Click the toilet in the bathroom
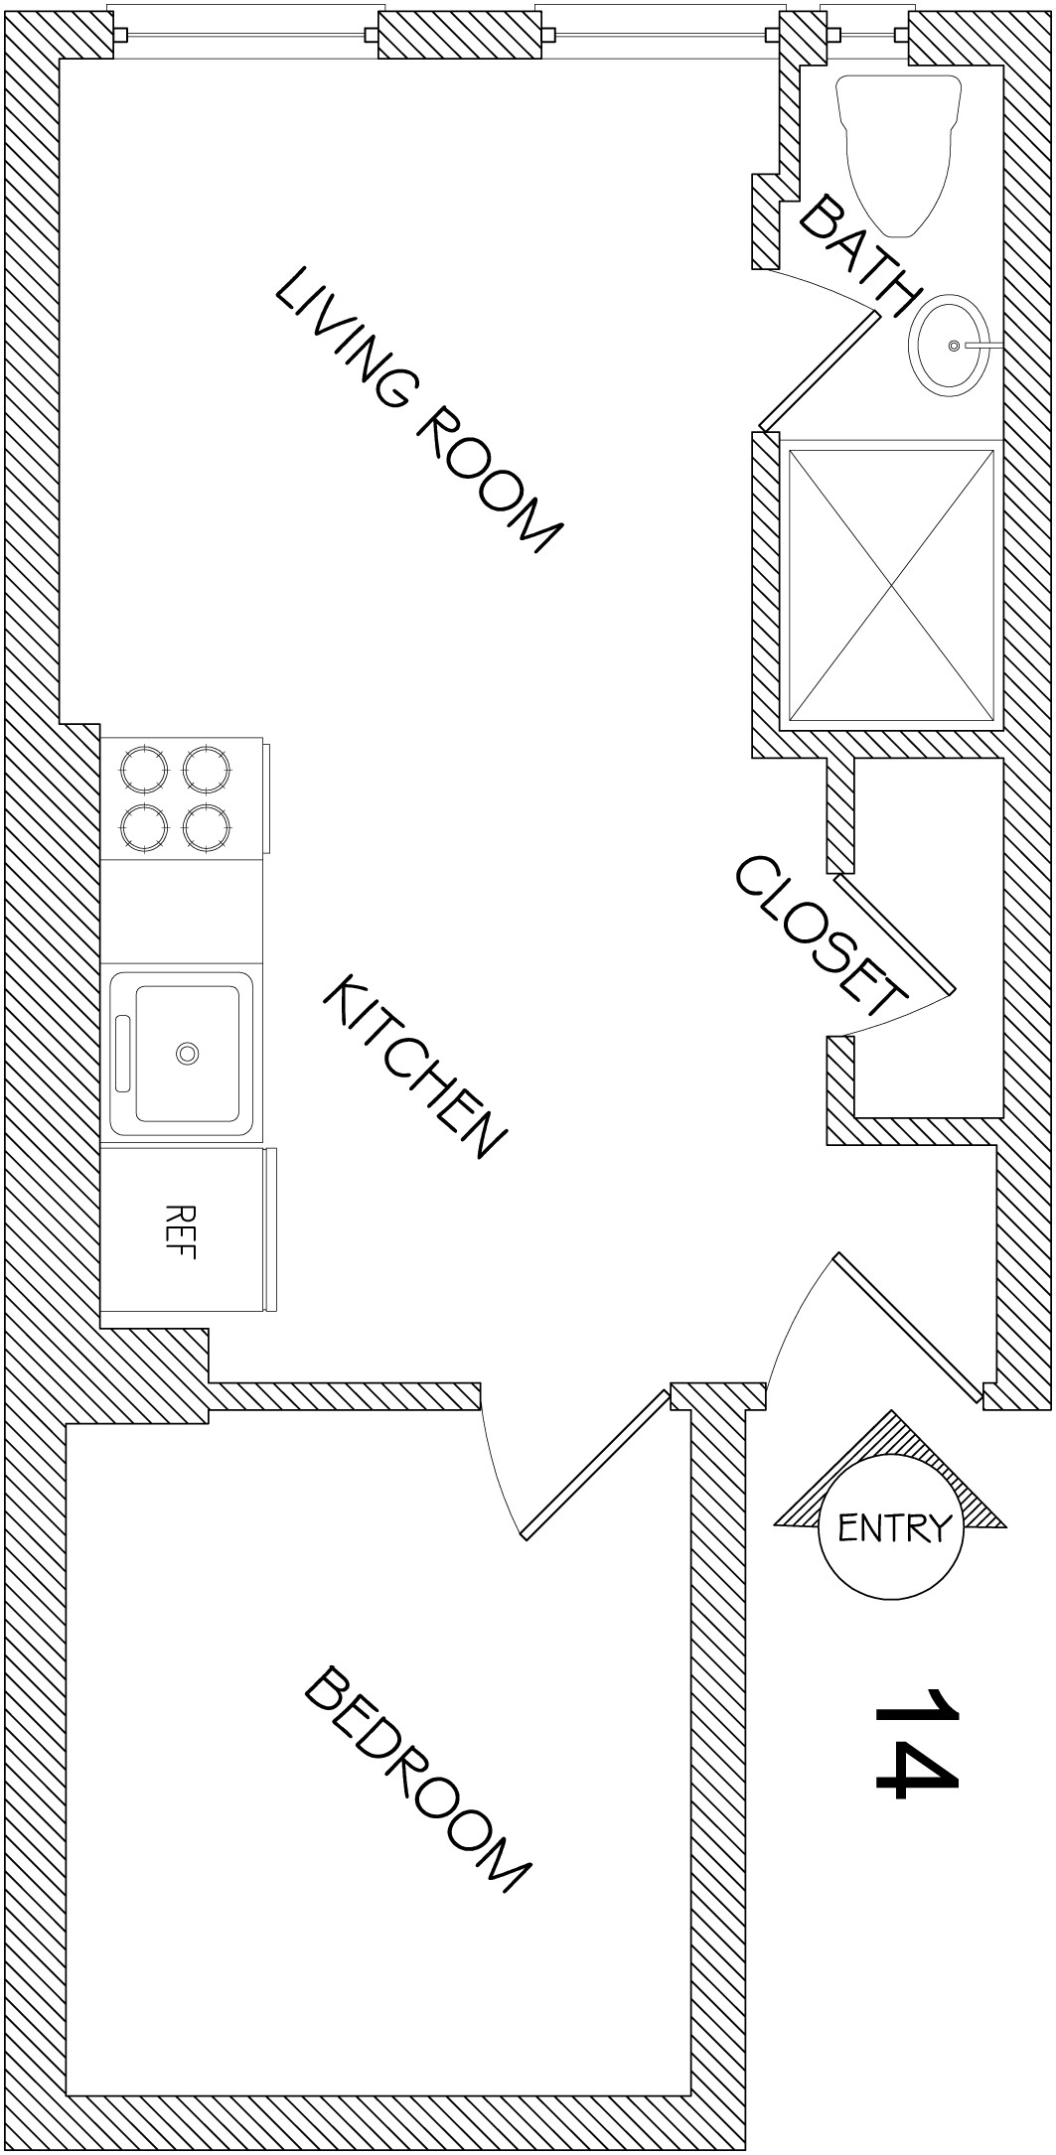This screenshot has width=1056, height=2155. pos(899,154)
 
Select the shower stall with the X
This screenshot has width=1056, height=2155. pos(890,585)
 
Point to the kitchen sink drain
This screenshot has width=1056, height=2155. pos(186,1052)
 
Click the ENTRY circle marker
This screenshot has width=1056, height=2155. pos(890,1526)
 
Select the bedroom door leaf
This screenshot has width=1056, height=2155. pos(595,1464)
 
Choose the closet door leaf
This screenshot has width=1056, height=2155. pos(894,934)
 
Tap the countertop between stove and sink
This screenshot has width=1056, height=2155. pos(182,911)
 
